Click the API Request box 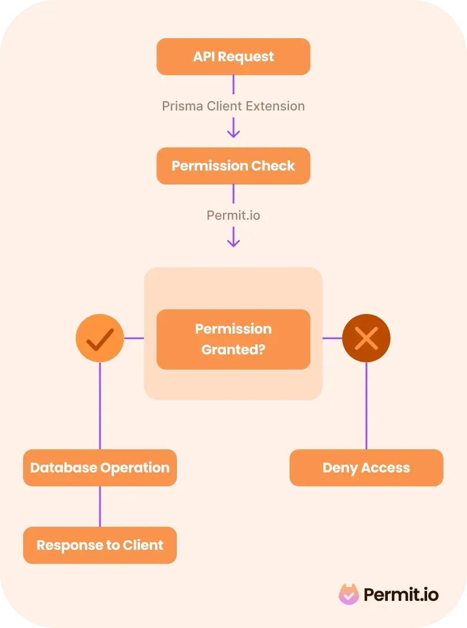233,57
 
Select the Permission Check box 233,166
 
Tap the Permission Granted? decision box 233,339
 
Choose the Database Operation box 100,468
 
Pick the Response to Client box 100,545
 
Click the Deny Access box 366,468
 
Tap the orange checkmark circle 100,338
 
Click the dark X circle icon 366,338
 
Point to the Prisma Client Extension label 233,106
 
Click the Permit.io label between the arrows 233,216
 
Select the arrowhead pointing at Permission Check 233,134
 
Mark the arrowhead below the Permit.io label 233,243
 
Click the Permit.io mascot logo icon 349,594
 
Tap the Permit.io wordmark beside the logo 401,594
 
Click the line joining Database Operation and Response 100,507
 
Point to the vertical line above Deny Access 366,405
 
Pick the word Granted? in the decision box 233,349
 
